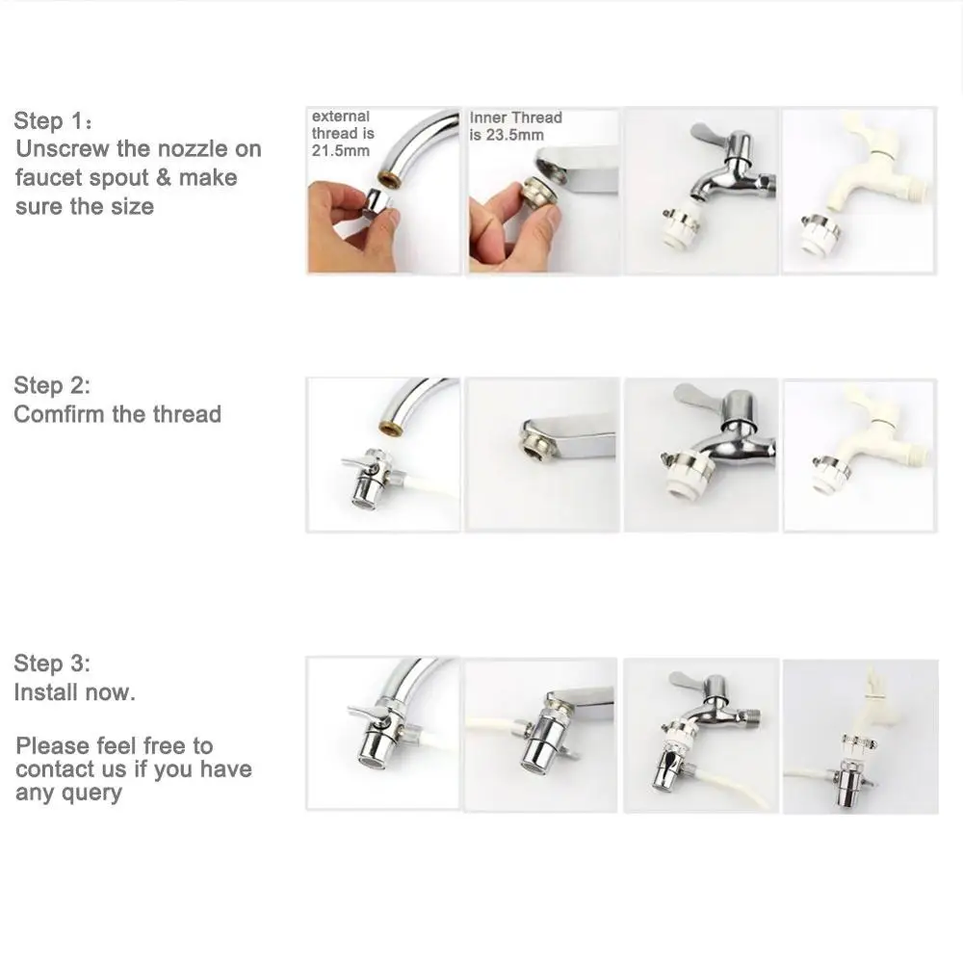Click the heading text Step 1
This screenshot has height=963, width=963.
[x=49, y=120]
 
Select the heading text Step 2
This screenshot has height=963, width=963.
[x=52, y=385]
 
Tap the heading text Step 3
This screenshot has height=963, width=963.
[x=52, y=664]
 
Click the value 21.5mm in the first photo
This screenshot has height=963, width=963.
[x=340, y=150]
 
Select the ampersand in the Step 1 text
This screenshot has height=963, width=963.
[x=164, y=177]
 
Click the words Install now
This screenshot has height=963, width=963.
[x=74, y=692]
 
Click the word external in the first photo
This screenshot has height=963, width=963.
[x=340, y=117]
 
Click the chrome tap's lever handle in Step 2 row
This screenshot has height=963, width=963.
[x=706, y=396]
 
